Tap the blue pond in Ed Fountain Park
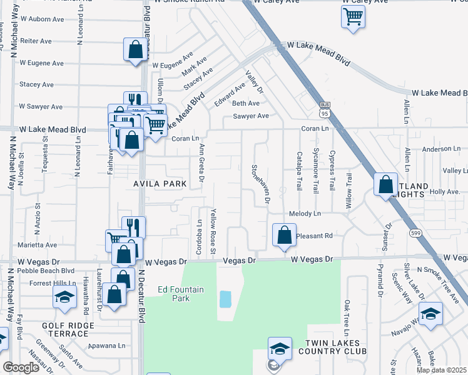click(225, 299)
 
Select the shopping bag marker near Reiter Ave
click(135, 50)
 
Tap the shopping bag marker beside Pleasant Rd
click(284, 235)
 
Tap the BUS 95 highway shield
click(324, 109)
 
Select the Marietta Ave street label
click(38, 245)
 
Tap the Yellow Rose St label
click(213, 231)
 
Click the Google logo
click(21, 367)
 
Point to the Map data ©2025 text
click(440, 370)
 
